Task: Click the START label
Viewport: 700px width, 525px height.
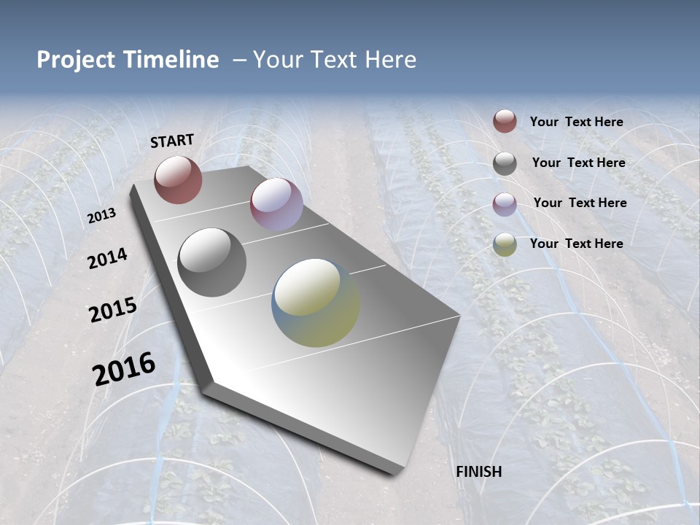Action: coord(172,140)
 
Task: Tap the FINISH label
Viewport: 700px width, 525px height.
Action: coord(479,472)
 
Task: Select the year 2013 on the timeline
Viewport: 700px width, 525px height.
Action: coord(101,216)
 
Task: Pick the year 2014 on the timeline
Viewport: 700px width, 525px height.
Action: coord(108,258)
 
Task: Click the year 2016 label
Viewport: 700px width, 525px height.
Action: coord(124,368)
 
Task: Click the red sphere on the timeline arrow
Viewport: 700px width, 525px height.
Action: coord(178,179)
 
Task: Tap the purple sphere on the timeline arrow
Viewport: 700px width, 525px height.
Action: coord(276,204)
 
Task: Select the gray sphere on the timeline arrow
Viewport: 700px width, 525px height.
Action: coord(211,262)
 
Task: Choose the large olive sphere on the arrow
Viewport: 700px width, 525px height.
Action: coord(316,303)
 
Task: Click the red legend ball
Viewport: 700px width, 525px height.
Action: coord(505,121)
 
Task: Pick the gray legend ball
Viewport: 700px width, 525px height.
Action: coord(505,163)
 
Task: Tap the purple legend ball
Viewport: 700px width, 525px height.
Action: coord(505,204)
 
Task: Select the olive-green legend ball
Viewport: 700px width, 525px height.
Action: coord(505,244)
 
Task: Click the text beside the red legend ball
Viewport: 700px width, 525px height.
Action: coord(577,122)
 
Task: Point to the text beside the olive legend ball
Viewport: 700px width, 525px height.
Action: coord(577,244)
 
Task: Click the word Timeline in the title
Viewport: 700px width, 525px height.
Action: coord(172,60)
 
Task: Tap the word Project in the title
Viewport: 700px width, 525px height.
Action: coord(76,60)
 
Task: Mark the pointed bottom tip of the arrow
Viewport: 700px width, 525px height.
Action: coord(397,472)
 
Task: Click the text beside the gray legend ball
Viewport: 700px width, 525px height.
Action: coord(579,163)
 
